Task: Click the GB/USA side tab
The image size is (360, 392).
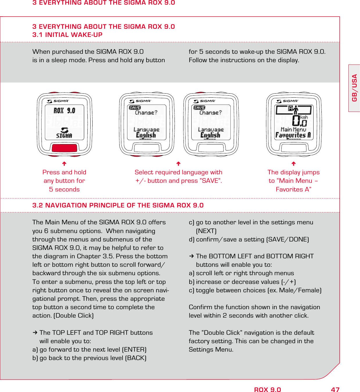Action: pos(354,88)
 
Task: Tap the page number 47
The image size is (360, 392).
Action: pos(335,390)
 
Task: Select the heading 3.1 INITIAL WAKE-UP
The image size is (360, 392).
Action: pos(67,35)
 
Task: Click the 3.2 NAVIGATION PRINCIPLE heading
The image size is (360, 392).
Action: pos(118,205)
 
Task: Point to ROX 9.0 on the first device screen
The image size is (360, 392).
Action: pos(64,111)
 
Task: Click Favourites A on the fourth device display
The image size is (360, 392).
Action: pos(293,135)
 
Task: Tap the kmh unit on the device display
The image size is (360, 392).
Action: pos(304,117)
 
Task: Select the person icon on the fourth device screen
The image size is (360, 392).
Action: pos(296,110)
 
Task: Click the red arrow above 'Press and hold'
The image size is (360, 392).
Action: pos(64,164)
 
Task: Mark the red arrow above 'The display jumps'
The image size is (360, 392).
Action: pos(294,164)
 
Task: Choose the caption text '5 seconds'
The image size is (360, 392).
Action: pos(64,189)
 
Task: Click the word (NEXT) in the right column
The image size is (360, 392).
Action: pos(206,231)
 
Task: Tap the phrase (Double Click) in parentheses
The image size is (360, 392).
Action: pos(73,316)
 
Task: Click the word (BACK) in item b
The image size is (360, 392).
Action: pos(136,358)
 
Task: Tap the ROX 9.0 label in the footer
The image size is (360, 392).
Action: pos(267,390)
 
